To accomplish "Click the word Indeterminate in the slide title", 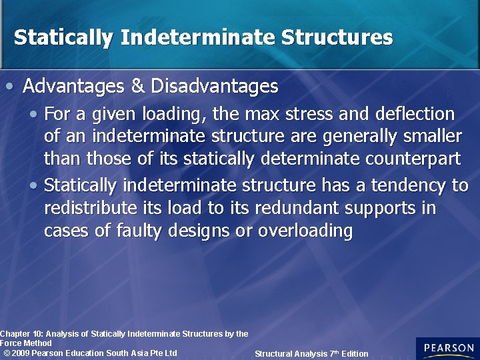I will tap(199, 37).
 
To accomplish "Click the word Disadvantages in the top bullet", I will tap(215, 87).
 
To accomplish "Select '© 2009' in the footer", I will tap(16, 353).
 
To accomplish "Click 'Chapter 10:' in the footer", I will tap(21, 333).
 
